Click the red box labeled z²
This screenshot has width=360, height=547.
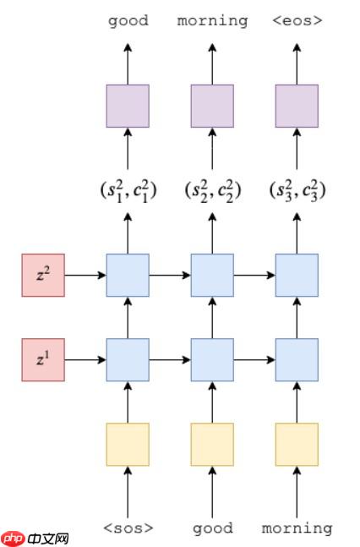click(x=43, y=275)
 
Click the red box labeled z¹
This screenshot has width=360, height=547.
click(x=43, y=359)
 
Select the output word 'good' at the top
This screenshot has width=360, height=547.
click(x=128, y=20)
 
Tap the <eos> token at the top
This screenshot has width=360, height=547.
click(x=297, y=20)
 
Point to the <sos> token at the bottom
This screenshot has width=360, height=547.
click(x=128, y=528)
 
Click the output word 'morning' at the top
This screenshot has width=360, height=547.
click(x=212, y=20)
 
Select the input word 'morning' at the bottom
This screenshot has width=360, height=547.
click(x=297, y=528)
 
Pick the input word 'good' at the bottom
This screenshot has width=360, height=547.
click(x=212, y=528)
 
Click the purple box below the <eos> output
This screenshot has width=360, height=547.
click(x=297, y=106)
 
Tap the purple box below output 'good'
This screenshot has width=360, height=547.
click(x=128, y=106)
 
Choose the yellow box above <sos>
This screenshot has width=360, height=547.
click(x=128, y=444)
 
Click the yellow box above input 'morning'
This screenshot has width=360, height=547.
click(x=297, y=444)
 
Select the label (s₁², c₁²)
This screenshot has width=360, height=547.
click(x=128, y=190)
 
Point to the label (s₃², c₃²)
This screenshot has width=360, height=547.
click(x=297, y=190)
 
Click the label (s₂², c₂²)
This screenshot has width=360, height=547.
click(x=212, y=190)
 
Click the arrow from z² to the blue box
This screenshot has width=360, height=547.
click(x=85, y=275)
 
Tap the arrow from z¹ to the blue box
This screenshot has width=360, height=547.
click(x=85, y=359)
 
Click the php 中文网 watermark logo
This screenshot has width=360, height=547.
click(x=35, y=538)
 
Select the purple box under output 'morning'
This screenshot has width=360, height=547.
click(x=212, y=106)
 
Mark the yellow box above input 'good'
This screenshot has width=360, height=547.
click(x=212, y=444)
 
